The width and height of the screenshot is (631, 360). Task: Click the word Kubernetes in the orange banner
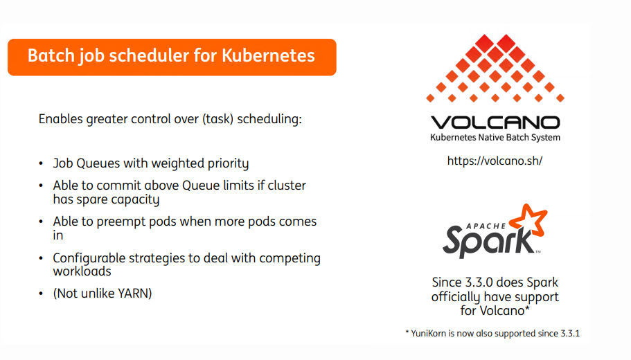click(x=268, y=55)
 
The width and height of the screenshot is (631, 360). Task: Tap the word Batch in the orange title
click(x=51, y=55)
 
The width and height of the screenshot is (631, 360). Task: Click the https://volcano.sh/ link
click(x=495, y=161)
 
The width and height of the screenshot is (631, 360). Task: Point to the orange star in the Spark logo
click(x=528, y=220)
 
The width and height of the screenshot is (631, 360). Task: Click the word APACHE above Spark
click(x=486, y=226)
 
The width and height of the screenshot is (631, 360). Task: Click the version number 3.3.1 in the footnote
click(x=570, y=334)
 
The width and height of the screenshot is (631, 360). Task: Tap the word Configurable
click(x=89, y=258)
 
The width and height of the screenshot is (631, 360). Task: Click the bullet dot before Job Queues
click(x=41, y=163)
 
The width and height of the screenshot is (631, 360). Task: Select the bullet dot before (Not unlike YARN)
click(x=41, y=294)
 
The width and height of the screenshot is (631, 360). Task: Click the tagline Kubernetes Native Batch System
click(x=495, y=138)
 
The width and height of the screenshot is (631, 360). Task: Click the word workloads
click(x=82, y=271)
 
